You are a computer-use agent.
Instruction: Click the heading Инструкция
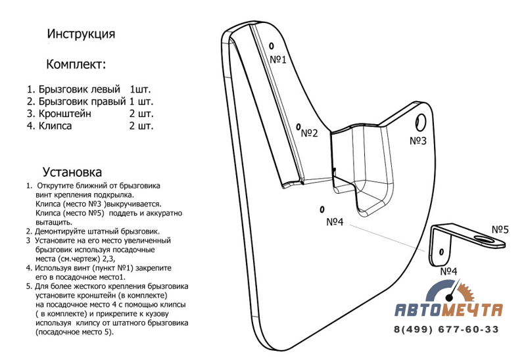(x=82, y=34)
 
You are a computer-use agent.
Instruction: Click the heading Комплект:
(x=76, y=64)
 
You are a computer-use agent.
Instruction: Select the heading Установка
(x=72, y=173)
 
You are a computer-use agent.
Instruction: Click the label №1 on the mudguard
(x=279, y=60)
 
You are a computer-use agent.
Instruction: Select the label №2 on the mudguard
(x=309, y=133)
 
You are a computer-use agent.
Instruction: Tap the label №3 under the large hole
(x=418, y=141)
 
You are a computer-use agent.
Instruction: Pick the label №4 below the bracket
(x=449, y=271)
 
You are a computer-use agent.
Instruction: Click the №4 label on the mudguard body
(x=335, y=221)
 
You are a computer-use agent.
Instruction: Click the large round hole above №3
(x=421, y=121)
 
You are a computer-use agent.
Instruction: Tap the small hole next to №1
(x=270, y=46)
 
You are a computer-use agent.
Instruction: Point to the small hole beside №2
(x=298, y=126)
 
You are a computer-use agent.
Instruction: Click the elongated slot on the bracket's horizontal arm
(x=486, y=240)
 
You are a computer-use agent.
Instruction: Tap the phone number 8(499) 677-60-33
(x=446, y=330)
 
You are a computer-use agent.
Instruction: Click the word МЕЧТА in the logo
(x=475, y=310)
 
